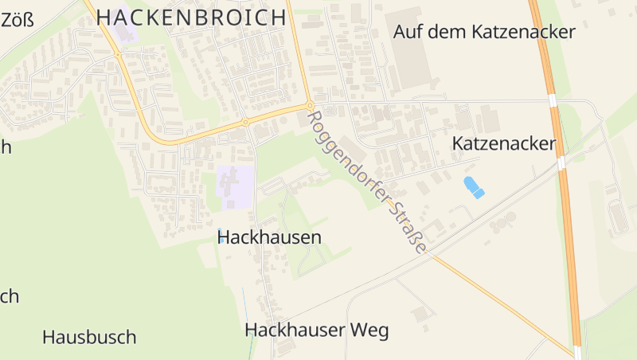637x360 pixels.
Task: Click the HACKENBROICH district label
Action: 191,18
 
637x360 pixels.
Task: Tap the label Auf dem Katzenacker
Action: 484,33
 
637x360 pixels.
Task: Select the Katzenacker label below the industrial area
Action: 503,144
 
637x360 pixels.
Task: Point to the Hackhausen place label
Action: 269,237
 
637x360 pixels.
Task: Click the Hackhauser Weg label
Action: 317,331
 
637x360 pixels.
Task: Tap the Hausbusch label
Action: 89,337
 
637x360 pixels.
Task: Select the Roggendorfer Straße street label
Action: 365,182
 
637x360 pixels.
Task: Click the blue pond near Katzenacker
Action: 473,187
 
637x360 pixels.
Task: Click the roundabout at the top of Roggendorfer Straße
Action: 310,105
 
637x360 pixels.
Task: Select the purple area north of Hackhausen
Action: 236,186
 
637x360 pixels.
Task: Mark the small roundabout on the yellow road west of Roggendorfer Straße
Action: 245,123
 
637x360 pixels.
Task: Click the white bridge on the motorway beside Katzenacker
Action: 561,163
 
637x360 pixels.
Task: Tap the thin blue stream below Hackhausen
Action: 245,307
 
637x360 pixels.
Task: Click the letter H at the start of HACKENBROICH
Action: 104,18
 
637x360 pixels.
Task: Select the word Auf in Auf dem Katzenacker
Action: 408,33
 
